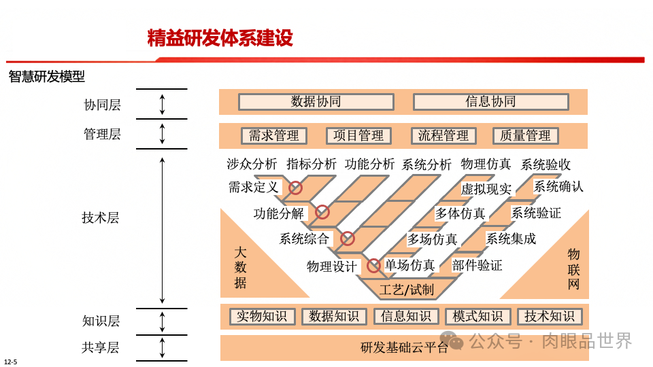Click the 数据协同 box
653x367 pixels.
click(x=316, y=102)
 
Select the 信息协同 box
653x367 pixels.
click(x=490, y=102)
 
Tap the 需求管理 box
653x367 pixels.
click(x=274, y=136)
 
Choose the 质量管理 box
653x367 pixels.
click(x=525, y=136)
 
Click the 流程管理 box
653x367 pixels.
click(x=443, y=136)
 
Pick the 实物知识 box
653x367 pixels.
click(x=263, y=316)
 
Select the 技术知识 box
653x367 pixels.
click(x=550, y=316)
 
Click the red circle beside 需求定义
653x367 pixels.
click(x=296, y=188)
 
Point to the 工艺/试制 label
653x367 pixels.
click(x=407, y=290)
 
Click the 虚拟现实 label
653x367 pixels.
click(x=486, y=189)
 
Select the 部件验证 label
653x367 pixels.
click(x=477, y=265)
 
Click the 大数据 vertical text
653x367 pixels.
click(x=240, y=267)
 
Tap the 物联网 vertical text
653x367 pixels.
click(x=574, y=269)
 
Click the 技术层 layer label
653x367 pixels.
click(x=101, y=217)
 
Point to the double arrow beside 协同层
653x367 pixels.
click(x=162, y=104)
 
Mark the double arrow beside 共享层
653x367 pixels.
click(x=162, y=347)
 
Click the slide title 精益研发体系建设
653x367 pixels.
click(x=220, y=38)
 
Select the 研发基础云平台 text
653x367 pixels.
click(x=404, y=348)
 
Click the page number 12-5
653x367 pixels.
click(x=10, y=362)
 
